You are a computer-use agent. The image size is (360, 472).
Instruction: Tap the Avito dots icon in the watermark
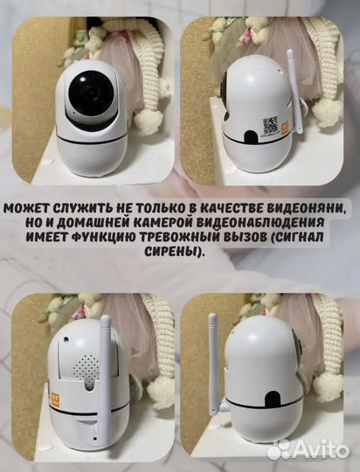(x=279, y=449)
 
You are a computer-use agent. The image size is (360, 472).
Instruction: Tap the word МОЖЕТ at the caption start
(x=29, y=208)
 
